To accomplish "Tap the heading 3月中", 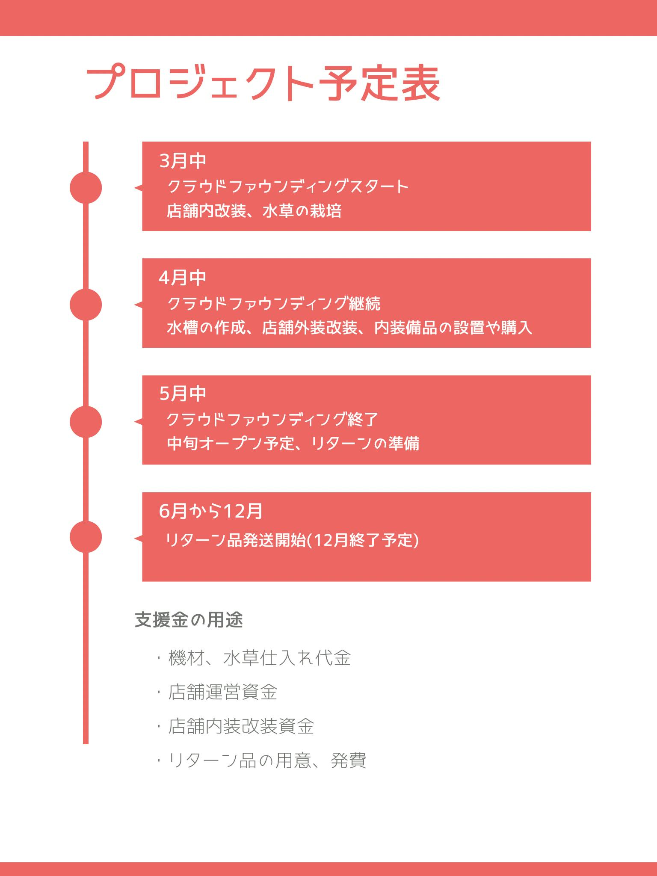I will click(x=183, y=161).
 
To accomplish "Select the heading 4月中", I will click(x=183, y=278).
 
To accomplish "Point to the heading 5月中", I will click(x=183, y=394).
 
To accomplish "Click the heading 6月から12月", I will click(x=210, y=511).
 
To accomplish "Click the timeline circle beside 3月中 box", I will click(x=86, y=187).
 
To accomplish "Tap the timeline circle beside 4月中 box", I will click(x=86, y=305).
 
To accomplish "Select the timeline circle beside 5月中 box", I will click(x=86, y=422).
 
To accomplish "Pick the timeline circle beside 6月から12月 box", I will click(x=86, y=537).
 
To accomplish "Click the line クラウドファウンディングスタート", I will click(x=288, y=186).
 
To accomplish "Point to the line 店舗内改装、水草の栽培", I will click(x=254, y=211).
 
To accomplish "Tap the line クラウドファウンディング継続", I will click(x=273, y=304).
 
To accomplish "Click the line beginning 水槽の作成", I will click(x=349, y=328).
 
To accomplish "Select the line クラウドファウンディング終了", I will click(x=272, y=420).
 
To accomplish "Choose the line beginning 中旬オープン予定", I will click(x=293, y=444).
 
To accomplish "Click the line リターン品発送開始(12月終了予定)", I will click(x=292, y=540).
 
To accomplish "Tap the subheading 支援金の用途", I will click(x=189, y=620).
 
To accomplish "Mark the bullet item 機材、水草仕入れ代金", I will click(x=260, y=658).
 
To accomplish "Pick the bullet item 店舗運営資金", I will click(x=223, y=692).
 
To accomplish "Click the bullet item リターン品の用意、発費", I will click(x=267, y=761).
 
